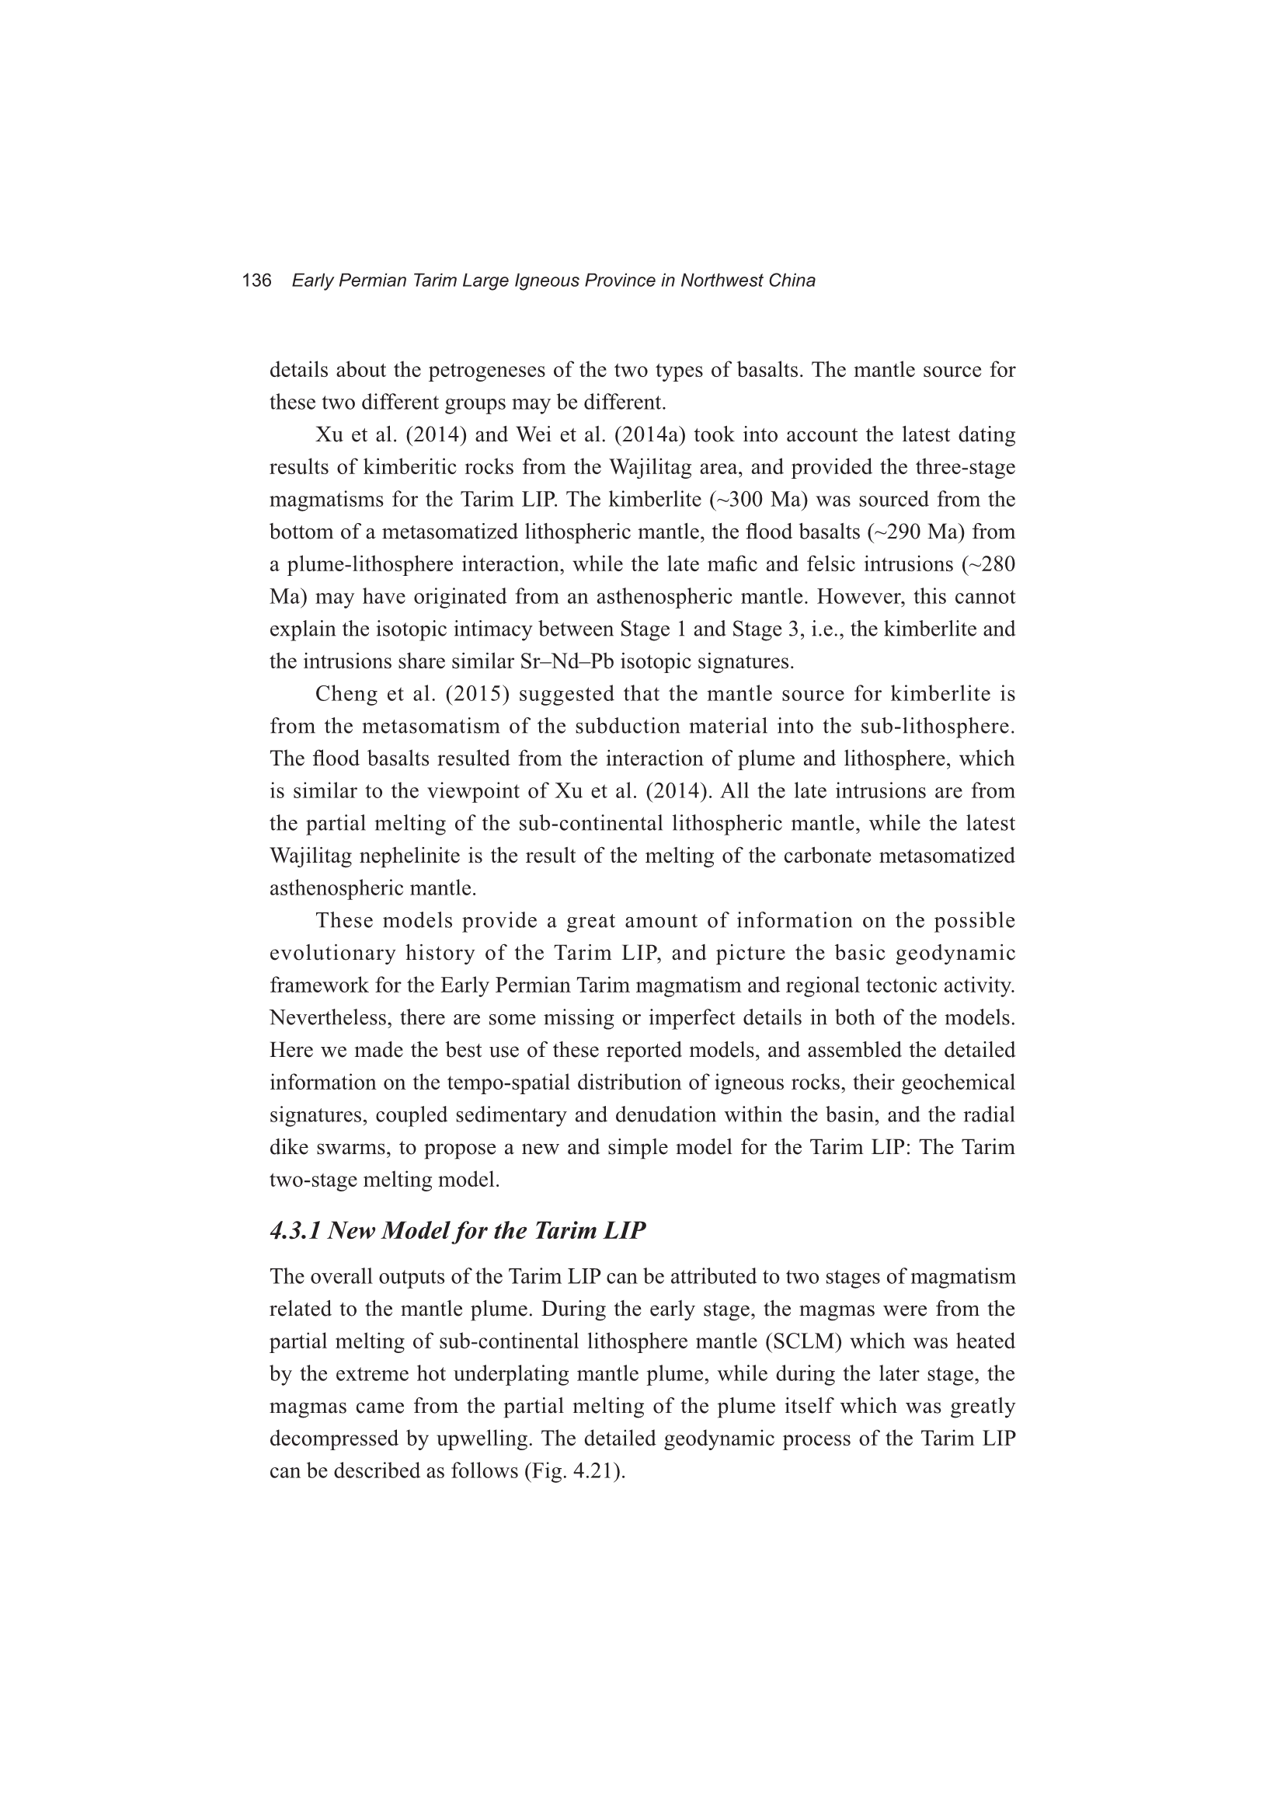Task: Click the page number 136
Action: pos(256,281)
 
